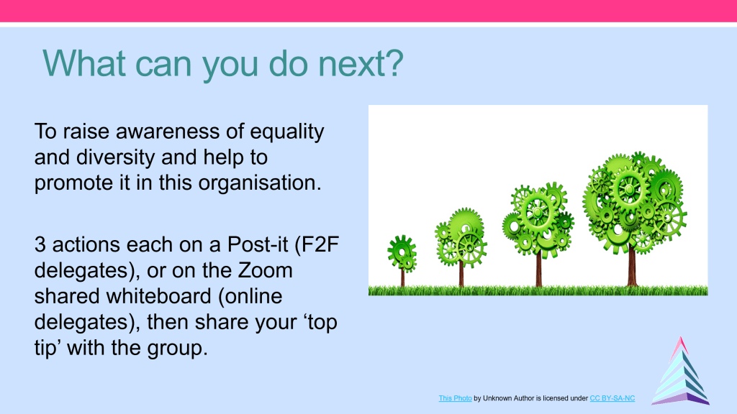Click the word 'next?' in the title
(361, 63)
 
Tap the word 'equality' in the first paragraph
(286, 132)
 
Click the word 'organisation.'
(260, 183)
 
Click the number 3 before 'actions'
(40, 245)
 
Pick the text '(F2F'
(317, 245)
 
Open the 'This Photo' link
(455, 398)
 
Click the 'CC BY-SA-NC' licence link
(612, 398)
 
